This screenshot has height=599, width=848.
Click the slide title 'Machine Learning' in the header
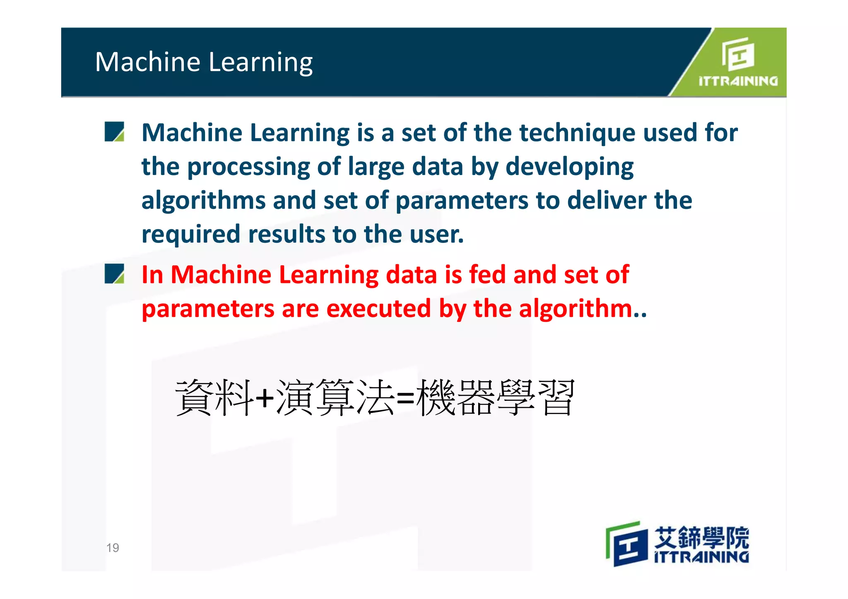(204, 62)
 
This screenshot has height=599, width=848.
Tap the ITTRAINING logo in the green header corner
(738, 62)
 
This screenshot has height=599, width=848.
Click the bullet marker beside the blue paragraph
(114, 132)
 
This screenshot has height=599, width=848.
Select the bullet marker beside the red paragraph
(114, 273)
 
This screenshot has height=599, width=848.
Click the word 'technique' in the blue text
(577, 133)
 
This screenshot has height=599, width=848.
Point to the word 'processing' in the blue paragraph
(248, 167)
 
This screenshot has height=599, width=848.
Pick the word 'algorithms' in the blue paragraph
(203, 201)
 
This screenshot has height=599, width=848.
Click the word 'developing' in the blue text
(569, 167)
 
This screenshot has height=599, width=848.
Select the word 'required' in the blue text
(191, 235)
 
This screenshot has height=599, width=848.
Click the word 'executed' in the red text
(378, 309)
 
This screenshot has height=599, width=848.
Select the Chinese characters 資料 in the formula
(214, 397)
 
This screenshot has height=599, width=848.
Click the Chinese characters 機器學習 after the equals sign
(495, 397)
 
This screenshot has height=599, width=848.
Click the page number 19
(113, 548)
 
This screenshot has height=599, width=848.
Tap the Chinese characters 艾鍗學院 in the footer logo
(701, 537)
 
